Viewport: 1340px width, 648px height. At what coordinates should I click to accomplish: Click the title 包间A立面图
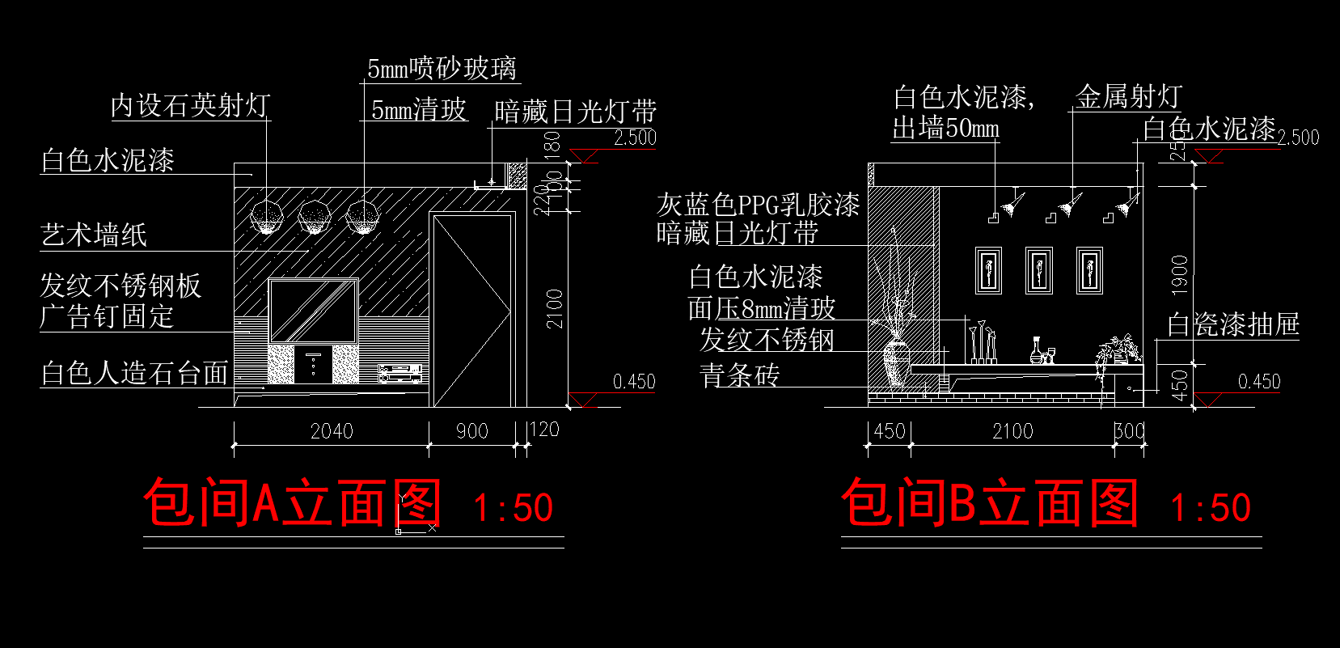(x=292, y=502)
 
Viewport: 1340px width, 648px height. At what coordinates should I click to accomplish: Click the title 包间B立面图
(x=990, y=502)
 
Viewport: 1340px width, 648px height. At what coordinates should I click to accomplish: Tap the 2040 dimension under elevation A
(x=332, y=431)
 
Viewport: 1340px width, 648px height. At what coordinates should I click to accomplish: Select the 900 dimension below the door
(x=471, y=431)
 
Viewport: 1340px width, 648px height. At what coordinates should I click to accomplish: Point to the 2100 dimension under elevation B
(x=1012, y=431)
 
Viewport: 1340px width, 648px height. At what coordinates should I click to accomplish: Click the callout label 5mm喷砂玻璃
(x=442, y=69)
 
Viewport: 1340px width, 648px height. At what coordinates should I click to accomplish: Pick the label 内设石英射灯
(x=190, y=105)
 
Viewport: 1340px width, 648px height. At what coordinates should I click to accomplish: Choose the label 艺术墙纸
(x=94, y=235)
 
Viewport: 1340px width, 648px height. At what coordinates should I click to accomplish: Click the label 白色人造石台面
(x=134, y=373)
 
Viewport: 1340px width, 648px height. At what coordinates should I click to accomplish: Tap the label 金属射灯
(x=1128, y=97)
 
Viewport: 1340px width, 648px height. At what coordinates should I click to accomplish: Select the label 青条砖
(x=739, y=375)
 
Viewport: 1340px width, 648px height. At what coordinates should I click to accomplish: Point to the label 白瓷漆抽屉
(x=1232, y=324)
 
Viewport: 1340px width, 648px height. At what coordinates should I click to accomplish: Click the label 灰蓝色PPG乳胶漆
(x=757, y=205)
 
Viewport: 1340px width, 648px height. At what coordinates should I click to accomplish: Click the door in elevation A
(x=471, y=310)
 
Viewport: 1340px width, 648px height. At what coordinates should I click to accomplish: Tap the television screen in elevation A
(x=312, y=311)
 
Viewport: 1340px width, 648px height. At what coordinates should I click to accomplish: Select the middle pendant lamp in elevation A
(x=315, y=217)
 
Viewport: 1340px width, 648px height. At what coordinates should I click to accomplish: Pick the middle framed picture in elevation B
(x=1039, y=269)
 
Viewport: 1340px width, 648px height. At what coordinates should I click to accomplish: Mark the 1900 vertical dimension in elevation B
(x=1180, y=274)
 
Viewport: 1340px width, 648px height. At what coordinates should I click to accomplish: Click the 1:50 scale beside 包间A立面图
(x=513, y=508)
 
